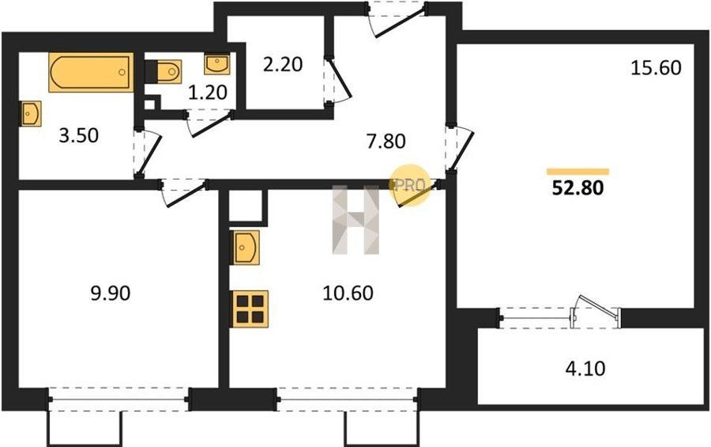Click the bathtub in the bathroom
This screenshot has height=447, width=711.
91,72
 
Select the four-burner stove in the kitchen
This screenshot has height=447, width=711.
250,309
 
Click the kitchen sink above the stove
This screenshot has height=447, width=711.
246,248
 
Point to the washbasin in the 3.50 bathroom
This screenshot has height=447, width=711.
31,114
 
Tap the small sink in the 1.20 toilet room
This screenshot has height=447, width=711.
217,64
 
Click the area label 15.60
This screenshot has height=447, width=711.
656,68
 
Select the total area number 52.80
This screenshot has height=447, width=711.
577,188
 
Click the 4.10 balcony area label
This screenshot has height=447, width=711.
585,369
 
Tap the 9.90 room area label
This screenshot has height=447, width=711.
111,293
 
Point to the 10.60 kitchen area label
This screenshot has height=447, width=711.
348,293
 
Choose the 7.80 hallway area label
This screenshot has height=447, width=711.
386,142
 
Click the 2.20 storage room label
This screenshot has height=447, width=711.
283,65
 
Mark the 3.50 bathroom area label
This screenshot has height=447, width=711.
79,136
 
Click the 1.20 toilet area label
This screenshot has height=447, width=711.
207,93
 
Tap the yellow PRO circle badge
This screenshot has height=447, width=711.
408,185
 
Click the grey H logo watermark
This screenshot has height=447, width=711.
355,220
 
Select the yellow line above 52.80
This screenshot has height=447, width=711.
577,171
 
